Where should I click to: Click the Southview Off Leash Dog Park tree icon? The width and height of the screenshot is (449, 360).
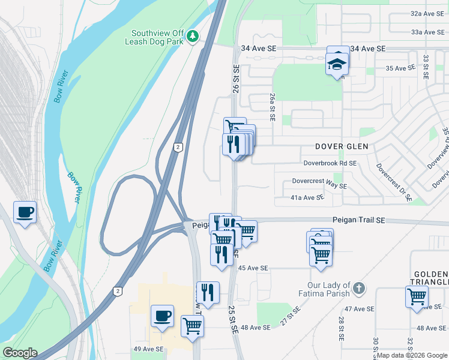pos(193,37)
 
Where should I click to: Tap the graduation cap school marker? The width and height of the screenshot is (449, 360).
pos(337,63)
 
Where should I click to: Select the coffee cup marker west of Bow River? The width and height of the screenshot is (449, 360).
pos(25,212)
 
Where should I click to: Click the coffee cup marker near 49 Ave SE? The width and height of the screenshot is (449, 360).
pos(162,316)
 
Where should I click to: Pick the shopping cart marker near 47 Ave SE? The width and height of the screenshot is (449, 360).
pos(417,296)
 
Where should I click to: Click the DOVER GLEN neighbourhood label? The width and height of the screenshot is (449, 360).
pos(342,146)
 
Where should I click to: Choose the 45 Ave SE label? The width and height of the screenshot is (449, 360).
pos(252,268)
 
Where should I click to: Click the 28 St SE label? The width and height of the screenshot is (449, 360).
pos(340,329)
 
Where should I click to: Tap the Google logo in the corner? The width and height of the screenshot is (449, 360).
pos(20,353)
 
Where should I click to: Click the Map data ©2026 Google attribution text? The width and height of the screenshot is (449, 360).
pos(412,355)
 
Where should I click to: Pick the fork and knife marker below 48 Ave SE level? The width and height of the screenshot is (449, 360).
pos(207,293)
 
